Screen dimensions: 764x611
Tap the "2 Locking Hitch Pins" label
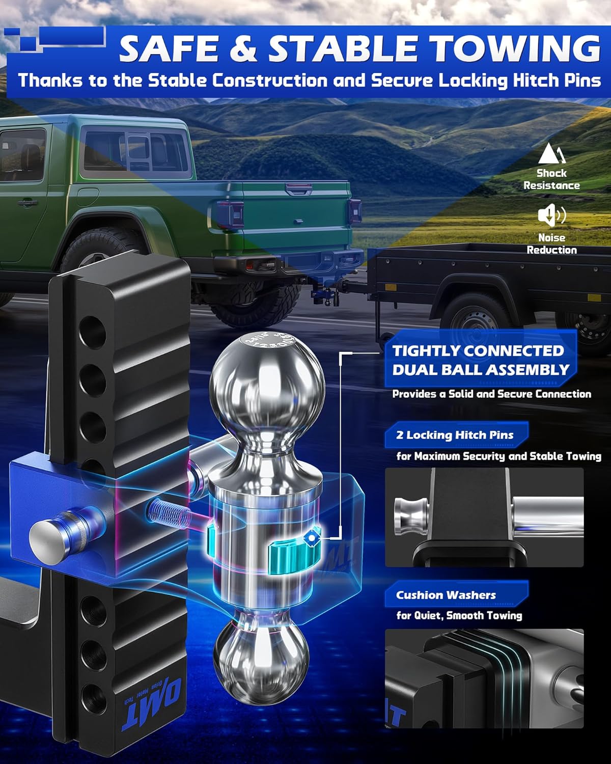click(455, 435)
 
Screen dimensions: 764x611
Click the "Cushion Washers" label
click(446, 595)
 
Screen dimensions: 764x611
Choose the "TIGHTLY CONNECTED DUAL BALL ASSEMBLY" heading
click(480, 360)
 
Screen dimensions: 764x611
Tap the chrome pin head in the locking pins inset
click(412, 517)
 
